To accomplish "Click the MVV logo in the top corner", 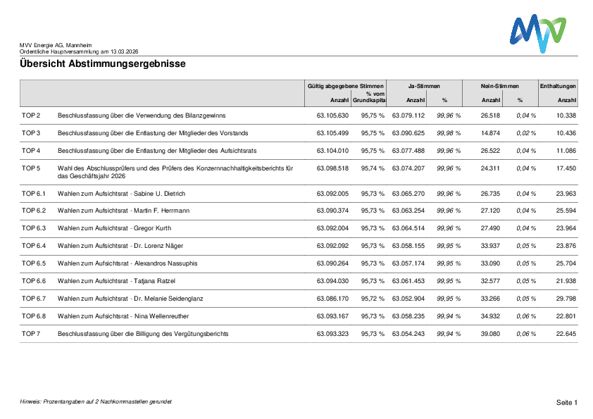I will (537, 32).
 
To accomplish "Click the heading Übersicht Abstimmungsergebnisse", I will (103, 64).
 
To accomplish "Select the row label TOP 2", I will (31, 115).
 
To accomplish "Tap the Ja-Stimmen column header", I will (423, 86).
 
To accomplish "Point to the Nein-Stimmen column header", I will (499, 86).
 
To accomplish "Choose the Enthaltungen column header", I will (558, 86).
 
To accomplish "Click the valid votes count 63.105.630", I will (332, 115).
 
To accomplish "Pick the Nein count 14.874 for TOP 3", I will (490, 133).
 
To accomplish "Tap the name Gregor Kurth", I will (152, 228).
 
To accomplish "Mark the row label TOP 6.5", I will (33, 263).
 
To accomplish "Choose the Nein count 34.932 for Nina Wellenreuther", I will (490, 316).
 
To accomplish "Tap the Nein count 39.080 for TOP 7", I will (490, 334).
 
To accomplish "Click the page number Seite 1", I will (566, 402).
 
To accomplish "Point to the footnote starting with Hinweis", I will (96, 401).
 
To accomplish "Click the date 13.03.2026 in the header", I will (124, 51).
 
